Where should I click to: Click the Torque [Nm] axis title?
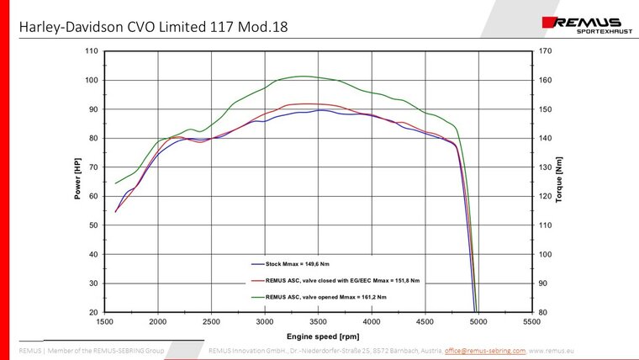coord(559,180)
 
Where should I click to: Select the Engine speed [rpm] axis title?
coord(318,334)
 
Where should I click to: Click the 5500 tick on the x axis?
coord(531,321)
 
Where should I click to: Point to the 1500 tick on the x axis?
coord(105,321)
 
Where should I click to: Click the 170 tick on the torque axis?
coord(545,51)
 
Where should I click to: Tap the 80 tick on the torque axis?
coord(542,312)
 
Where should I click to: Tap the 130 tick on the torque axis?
coord(545,167)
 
